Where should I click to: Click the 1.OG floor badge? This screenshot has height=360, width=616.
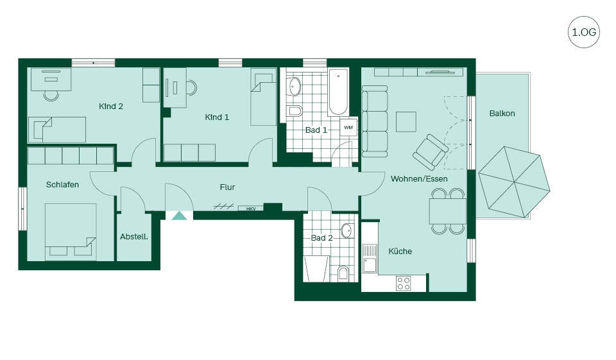[x=584, y=32]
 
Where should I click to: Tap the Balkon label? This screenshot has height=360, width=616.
[x=502, y=114]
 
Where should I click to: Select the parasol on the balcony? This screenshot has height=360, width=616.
[x=514, y=182]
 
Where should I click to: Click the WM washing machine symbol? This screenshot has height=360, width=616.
[x=348, y=127]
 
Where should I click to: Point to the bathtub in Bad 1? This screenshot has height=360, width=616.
[x=338, y=92]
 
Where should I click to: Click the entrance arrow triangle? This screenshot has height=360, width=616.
[x=180, y=216]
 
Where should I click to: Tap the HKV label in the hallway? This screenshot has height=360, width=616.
[x=251, y=209]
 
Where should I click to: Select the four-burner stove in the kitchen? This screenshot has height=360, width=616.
[x=404, y=284]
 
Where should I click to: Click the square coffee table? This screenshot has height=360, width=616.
[x=406, y=122]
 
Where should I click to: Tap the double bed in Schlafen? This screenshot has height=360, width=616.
[x=71, y=232]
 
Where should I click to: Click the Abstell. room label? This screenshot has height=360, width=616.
[x=134, y=237]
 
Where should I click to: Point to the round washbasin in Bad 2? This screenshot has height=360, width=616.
[x=346, y=231]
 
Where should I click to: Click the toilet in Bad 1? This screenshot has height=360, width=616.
[x=295, y=111]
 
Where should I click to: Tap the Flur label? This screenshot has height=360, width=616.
[x=227, y=187]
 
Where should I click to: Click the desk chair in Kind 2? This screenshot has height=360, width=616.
[x=51, y=95]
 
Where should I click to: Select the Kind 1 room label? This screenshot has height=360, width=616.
[x=217, y=117]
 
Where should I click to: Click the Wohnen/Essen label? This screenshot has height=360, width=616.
[x=419, y=179]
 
